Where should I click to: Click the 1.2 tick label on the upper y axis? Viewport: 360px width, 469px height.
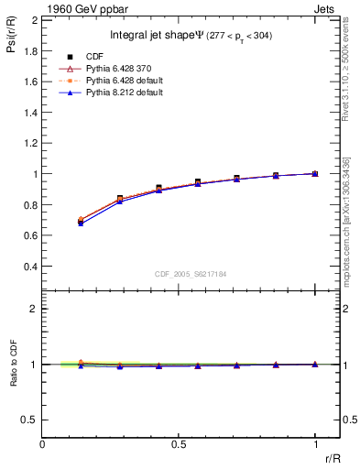pyautogui.click(x=31, y=143)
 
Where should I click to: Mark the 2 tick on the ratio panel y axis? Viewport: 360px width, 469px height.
pyautogui.click(x=34, y=309)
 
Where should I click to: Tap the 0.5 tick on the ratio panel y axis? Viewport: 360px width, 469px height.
pyautogui.click(x=31, y=420)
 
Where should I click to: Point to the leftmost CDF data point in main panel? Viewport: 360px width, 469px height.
pyautogui.click(x=81, y=223)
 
